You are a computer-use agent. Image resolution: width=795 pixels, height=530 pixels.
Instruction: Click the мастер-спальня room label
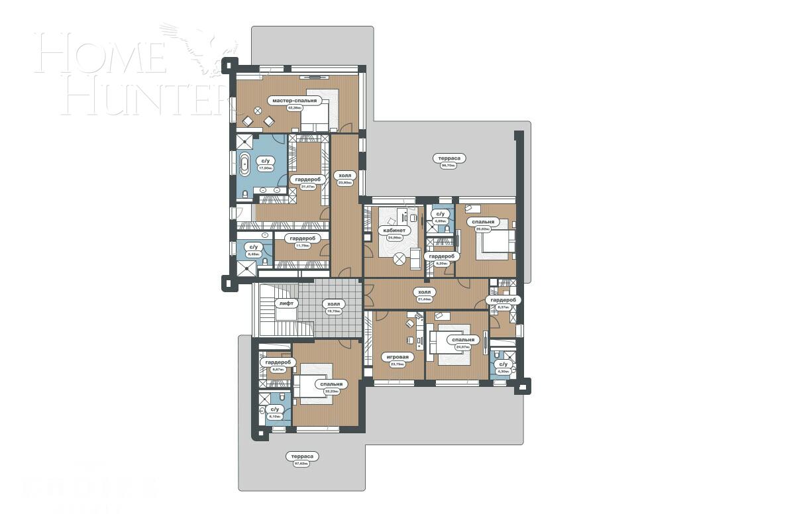(x=295, y=101)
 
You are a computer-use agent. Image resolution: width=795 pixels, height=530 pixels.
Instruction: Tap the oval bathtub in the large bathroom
(x=245, y=165)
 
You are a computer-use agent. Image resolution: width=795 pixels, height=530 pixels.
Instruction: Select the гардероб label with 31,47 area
(x=306, y=180)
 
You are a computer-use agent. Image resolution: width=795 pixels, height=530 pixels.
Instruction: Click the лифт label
(x=286, y=303)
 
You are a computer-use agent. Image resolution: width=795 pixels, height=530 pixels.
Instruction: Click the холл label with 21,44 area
(x=424, y=291)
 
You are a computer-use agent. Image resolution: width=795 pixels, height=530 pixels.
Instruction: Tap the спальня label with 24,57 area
(x=462, y=340)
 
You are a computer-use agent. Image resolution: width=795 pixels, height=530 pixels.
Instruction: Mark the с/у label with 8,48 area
(x=254, y=246)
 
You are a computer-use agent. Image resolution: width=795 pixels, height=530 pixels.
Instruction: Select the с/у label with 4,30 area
(x=503, y=364)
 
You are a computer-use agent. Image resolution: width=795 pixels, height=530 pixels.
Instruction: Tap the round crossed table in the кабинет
(x=401, y=259)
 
